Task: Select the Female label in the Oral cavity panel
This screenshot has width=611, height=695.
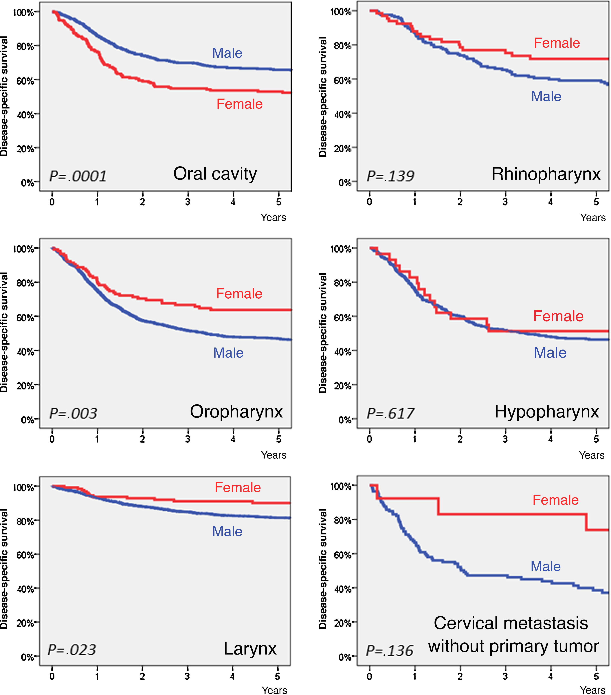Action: point(239,104)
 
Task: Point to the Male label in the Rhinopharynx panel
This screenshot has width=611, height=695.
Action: point(546,97)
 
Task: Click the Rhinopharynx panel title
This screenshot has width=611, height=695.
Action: point(546,174)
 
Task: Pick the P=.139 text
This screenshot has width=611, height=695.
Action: point(390,176)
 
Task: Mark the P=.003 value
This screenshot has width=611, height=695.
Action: point(73,413)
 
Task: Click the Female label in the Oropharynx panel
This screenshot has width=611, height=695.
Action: point(239,294)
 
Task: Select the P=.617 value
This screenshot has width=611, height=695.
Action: point(390,413)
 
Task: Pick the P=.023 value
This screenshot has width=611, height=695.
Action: point(72,650)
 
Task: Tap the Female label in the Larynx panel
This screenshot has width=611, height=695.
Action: point(237,488)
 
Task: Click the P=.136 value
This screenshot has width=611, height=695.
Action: point(390,651)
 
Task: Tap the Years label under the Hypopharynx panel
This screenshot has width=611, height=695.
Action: point(592,455)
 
